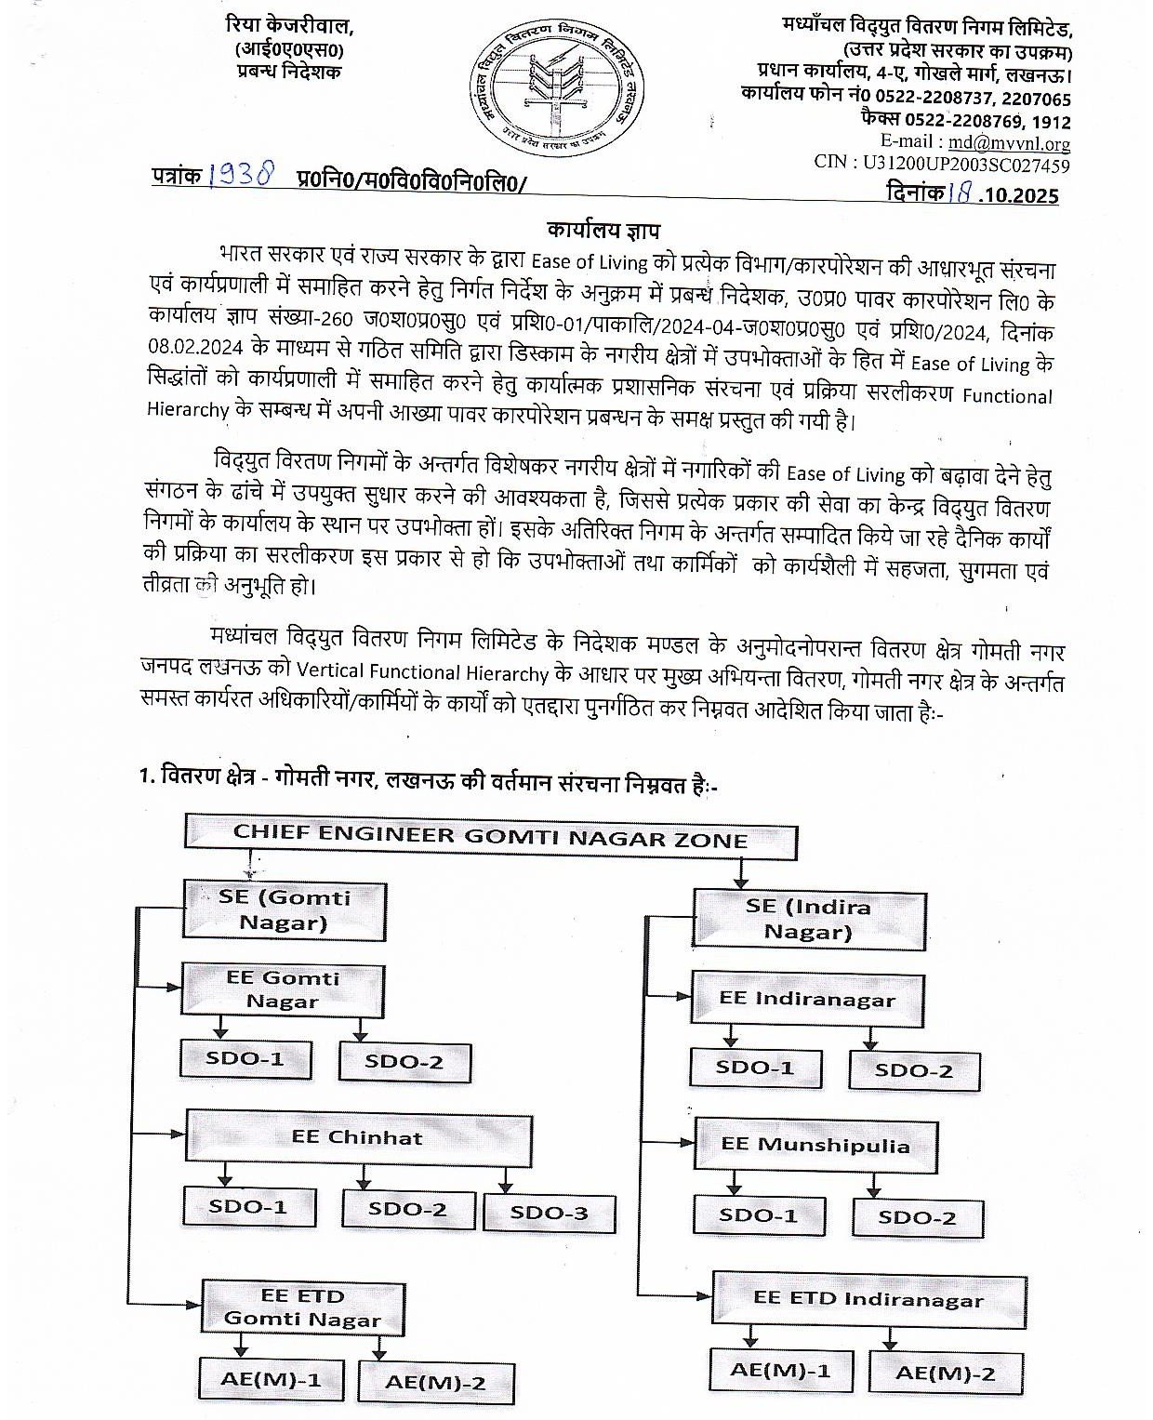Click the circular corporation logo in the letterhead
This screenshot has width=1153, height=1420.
550,90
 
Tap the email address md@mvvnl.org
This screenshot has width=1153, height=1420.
1008,143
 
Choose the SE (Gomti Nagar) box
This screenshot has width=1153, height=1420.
285,909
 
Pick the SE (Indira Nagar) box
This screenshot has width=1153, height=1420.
808,919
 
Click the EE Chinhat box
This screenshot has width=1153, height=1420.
358,1136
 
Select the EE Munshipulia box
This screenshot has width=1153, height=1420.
815,1145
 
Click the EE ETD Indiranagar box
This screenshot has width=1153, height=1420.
868,1299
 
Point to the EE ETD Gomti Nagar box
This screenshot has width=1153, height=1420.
302,1307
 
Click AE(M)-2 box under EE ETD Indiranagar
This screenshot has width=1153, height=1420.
945,1373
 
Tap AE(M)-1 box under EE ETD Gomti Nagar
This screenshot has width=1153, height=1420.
271,1378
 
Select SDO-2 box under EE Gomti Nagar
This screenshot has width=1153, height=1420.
404,1061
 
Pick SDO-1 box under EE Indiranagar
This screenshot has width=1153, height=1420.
754,1067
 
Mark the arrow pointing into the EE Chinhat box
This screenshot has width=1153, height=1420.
175,1134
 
